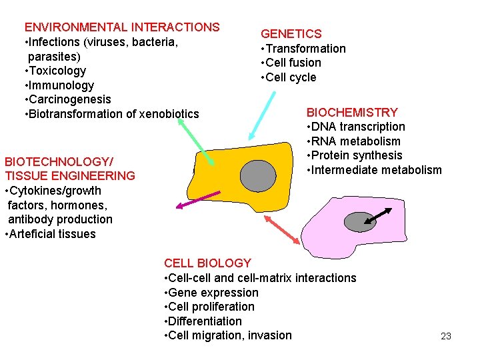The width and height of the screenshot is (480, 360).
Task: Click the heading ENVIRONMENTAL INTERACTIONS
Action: pos(122,27)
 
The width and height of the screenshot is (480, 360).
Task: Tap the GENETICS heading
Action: pos(291,34)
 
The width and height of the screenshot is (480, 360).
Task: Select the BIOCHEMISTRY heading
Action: pos(352,113)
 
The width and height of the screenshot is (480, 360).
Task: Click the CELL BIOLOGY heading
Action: pos(207,263)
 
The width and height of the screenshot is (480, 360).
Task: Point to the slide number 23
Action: pos(446,336)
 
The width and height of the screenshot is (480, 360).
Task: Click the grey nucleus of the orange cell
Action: pos(257,175)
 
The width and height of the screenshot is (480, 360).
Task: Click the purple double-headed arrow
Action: pos(199,200)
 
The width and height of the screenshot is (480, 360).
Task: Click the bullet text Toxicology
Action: pos(55,71)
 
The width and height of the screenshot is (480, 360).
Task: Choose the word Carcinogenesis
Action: pos(68,99)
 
